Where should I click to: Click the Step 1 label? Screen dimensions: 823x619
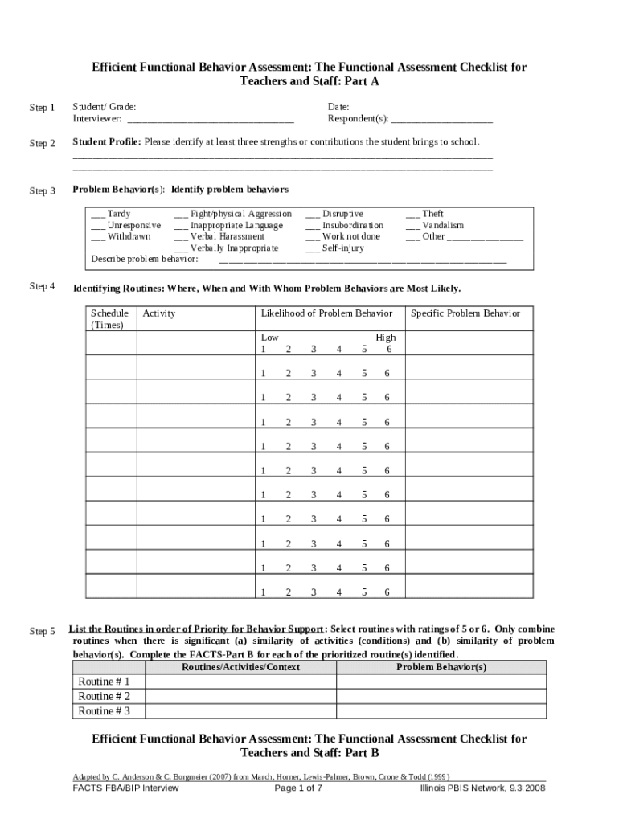coord(42,108)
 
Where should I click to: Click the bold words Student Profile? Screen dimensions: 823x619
coord(107,142)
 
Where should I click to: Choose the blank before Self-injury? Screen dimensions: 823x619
coord(312,250)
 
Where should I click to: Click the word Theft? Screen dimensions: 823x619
coord(432,215)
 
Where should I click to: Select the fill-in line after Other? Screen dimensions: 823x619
coord(486,239)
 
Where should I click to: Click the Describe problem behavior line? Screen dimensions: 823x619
coord(363,262)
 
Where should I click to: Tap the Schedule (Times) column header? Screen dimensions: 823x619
coord(109,319)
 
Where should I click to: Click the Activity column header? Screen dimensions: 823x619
coord(158,313)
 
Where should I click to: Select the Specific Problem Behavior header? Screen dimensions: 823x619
coord(465,313)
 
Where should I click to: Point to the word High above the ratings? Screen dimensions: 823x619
coord(385,338)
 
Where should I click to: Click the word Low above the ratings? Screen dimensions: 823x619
coord(269,338)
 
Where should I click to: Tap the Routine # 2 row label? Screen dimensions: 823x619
coord(104,696)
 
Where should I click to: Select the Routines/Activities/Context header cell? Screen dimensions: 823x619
coord(240,667)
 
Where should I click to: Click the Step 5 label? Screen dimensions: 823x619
coord(42,632)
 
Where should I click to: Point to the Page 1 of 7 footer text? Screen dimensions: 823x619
coord(298,788)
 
